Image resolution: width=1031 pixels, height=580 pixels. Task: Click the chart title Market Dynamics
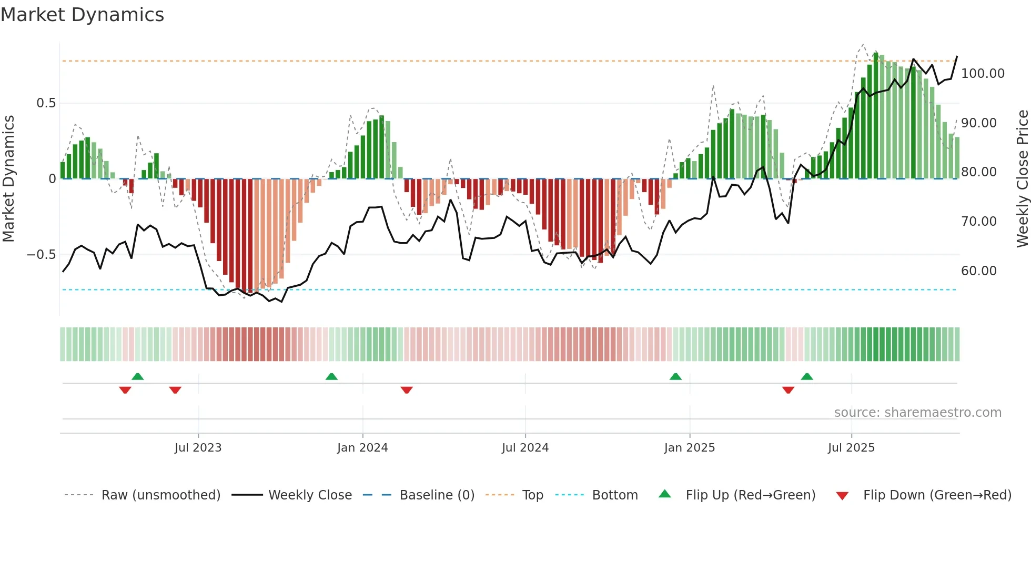pos(83,15)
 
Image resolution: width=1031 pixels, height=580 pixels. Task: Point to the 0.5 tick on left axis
pos(46,103)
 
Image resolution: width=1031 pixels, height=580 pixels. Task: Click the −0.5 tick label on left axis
pos(41,255)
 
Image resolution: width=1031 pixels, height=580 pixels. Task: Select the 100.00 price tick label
pos(983,74)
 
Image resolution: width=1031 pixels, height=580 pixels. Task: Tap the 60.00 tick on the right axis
pos(978,271)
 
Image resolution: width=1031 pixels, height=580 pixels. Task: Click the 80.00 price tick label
pos(978,172)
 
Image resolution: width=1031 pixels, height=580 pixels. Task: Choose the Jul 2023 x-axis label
pos(198,448)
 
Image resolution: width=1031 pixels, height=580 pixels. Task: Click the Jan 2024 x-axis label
pos(362,448)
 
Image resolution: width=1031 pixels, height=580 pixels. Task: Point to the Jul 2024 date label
pos(525,448)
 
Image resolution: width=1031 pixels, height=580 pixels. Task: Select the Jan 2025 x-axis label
pos(689,448)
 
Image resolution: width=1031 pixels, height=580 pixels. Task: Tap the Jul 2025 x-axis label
pos(851,448)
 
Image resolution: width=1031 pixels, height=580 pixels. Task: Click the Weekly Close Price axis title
pos(1022,179)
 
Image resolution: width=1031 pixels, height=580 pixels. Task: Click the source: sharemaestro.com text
pos(917,413)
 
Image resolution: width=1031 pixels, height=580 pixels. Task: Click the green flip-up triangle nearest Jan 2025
pos(675,376)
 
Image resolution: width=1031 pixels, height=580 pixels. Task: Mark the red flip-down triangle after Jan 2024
pos(407,390)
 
